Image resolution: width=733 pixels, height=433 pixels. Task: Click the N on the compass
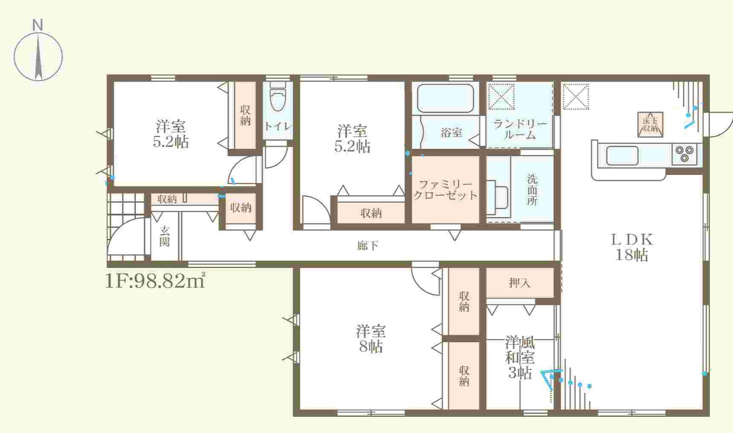click(x=38, y=25)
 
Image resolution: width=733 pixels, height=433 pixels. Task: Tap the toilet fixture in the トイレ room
click(x=278, y=97)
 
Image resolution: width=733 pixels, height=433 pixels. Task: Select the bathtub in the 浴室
click(x=445, y=98)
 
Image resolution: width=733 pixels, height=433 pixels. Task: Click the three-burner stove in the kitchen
click(x=684, y=154)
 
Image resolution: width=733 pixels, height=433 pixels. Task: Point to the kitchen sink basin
click(x=622, y=155)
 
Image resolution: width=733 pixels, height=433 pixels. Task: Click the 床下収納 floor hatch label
click(x=650, y=124)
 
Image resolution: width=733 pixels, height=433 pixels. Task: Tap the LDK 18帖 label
click(x=632, y=247)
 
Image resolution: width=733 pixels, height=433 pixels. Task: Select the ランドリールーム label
click(x=520, y=129)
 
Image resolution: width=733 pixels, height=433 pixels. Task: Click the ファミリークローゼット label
click(x=445, y=190)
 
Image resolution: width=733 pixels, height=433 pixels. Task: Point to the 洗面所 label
click(x=532, y=189)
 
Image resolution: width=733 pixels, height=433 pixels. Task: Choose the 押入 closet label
click(x=519, y=282)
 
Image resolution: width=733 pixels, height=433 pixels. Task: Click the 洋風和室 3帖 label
click(x=520, y=357)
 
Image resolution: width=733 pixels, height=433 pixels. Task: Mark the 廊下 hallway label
click(x=368, y=245)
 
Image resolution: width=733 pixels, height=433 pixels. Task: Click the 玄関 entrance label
click(x=165, y=236)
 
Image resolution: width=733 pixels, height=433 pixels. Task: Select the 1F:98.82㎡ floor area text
click(x=155, y=281)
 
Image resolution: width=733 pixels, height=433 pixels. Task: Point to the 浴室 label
click(x=451, y=133)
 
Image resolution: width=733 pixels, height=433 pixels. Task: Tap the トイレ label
click(x=278, y=126)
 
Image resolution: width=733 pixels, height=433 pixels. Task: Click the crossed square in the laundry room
click(x=501, y=97)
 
